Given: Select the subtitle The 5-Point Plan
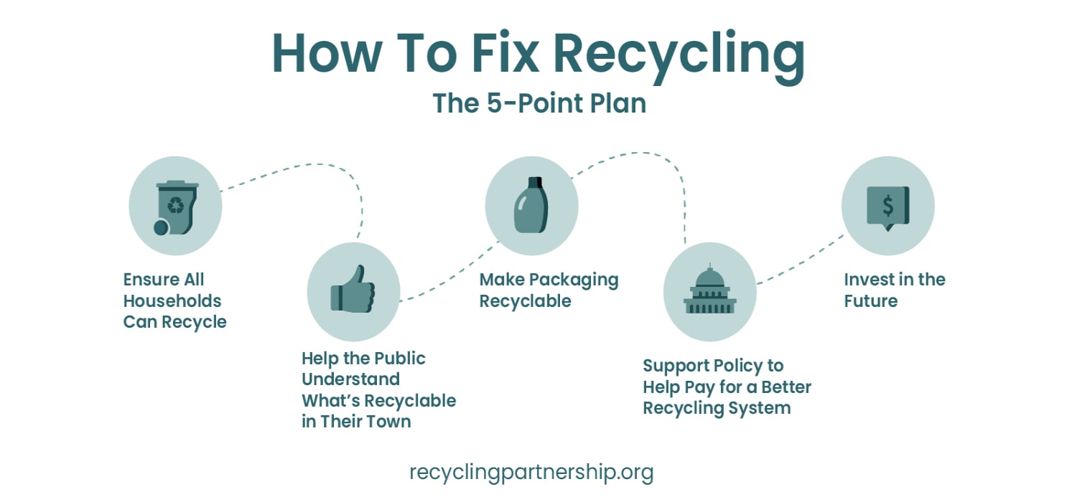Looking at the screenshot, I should coord(539,103).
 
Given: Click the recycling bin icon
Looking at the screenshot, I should coord(176,207).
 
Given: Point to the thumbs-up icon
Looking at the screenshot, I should coord(353,290).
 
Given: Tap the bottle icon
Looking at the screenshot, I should coord(531,206).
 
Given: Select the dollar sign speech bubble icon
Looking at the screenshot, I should coord(888,207).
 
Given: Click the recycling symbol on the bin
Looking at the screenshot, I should coord(175,207).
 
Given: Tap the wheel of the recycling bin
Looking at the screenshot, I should coord(162,227).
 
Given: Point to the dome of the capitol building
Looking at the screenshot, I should coord(709,276).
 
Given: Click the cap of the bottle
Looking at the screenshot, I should coord(532,182).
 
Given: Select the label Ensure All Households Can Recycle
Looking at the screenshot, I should coord(174,300).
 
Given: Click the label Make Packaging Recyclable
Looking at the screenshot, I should coord(549,290).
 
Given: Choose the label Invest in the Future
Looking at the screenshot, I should coord(894,290).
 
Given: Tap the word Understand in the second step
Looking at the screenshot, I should coord(350,379).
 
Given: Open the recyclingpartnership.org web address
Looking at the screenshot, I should coord(531,473).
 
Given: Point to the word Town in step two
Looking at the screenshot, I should coord(386,421).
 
